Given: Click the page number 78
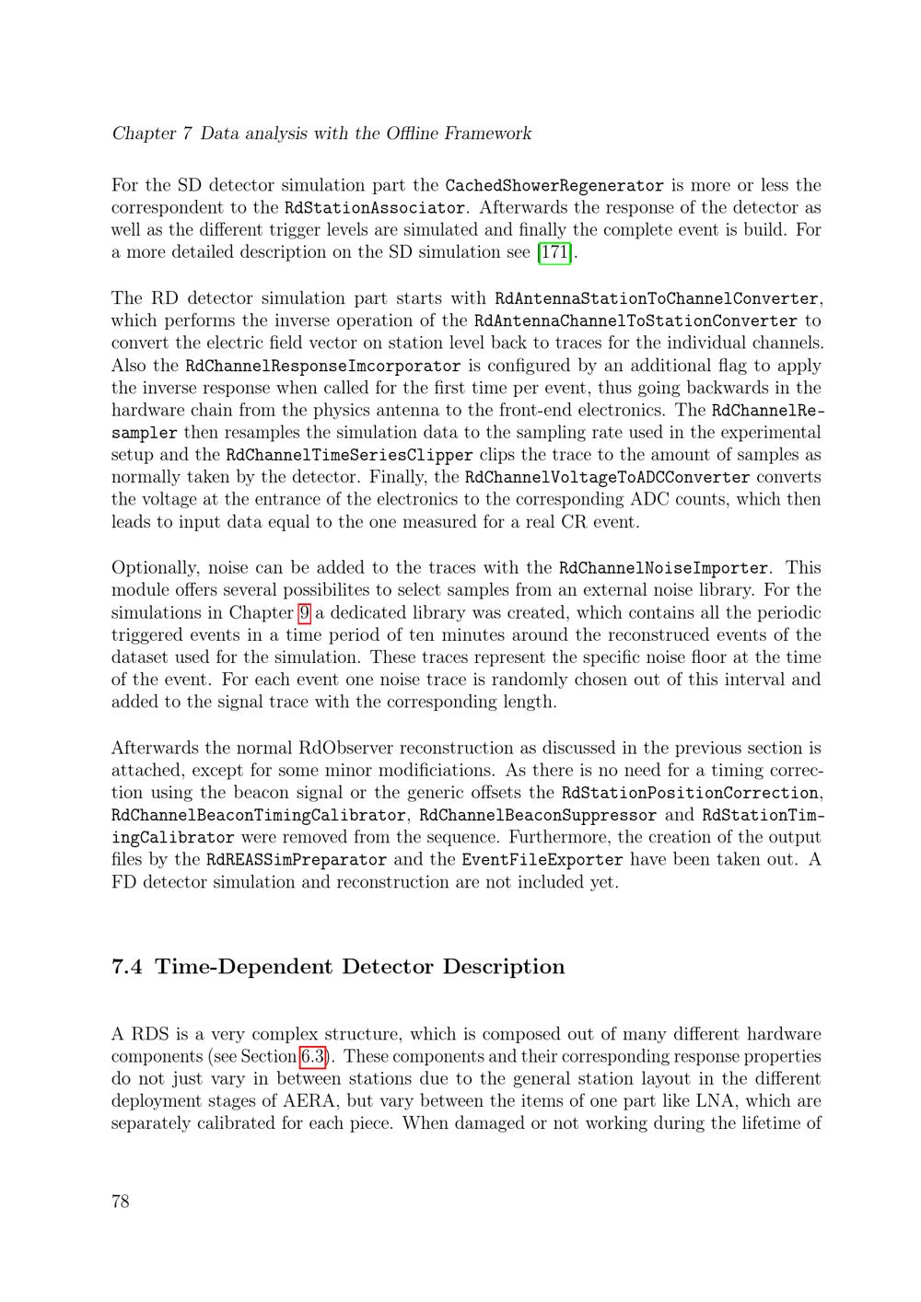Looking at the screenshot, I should (x=121, y=1202).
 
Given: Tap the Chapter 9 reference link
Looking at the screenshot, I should (x=304, y=612).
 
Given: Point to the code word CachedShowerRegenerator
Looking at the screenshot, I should (x=554, y=186).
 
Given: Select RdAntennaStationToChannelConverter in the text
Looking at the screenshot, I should (x=657, y=298).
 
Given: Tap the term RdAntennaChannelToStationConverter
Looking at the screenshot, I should (x=635, y=321).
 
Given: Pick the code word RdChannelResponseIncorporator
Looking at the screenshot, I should (x=322, y=366).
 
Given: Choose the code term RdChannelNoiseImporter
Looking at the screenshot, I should (x=663, y=568).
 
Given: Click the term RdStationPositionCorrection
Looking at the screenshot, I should (x=690, y=793).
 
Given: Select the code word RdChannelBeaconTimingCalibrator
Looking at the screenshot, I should (x=259, y=816).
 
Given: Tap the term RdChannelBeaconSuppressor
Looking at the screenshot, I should (x=538, y=816).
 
